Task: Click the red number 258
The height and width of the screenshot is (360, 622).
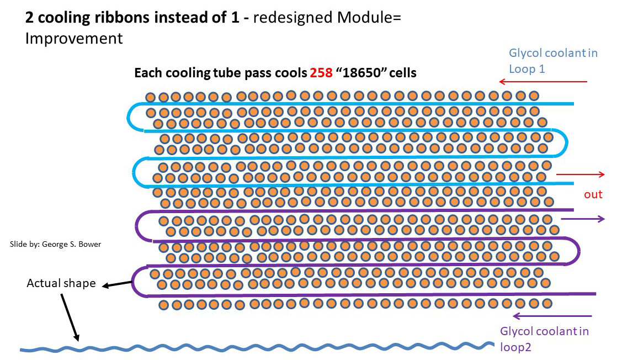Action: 321,73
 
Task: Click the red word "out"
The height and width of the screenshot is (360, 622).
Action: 593,194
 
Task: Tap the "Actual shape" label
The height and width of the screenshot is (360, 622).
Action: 61,283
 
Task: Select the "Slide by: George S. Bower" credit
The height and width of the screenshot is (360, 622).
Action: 55,244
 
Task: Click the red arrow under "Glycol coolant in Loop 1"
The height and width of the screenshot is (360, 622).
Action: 543,82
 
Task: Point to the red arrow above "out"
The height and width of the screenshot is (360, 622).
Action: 581,174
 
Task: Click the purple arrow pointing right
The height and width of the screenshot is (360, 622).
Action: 583,219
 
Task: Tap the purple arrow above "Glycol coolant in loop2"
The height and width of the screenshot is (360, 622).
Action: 552,316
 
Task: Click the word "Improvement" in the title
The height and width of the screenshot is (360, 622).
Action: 74,39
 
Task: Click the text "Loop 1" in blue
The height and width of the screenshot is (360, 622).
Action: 527,69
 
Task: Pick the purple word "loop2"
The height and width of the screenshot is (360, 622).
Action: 515,347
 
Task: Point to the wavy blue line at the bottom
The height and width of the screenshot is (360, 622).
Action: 257,347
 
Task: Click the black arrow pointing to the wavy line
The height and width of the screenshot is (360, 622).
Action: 70,317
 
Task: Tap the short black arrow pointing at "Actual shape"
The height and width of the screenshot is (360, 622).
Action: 117,284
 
